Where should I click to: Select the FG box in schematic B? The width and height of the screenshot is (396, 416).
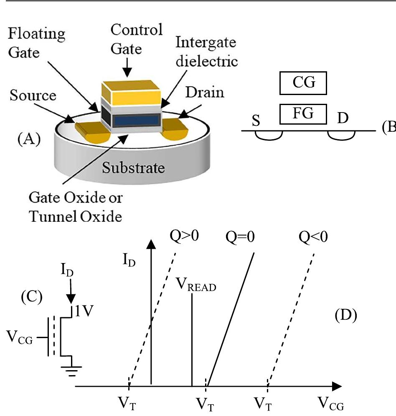[303, 114]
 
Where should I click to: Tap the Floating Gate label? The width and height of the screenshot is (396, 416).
[37, 42]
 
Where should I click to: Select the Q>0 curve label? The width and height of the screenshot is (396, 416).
[184, 236]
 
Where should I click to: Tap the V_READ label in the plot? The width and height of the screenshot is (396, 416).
[195, 286]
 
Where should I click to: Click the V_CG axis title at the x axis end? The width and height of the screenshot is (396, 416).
[331, 403]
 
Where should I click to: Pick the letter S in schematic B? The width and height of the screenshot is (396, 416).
[256, 122]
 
